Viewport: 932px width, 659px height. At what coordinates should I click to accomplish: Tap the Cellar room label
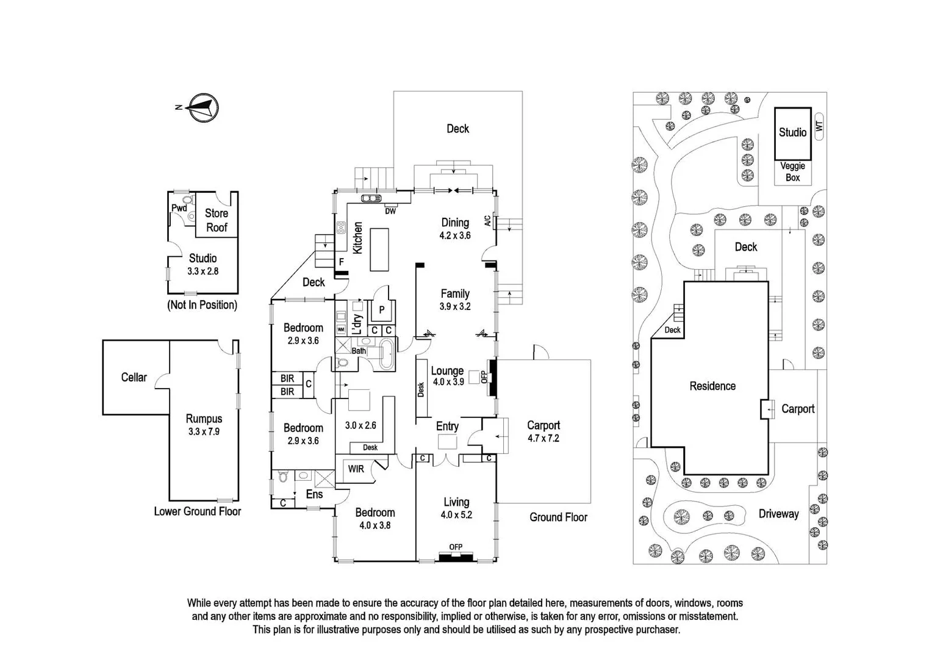pyautogui.click(x=134, y=377)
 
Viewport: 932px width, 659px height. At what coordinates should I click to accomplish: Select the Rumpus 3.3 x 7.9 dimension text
pyautogui.click(x=204, y=431)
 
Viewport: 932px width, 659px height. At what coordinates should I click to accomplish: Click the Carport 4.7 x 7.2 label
pyautogui.click(x=543, y=431)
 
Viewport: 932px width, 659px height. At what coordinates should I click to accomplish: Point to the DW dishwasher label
pyautogui.click(x=390, y=212)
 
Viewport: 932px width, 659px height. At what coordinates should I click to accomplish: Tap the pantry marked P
pyautogui.click(x=382, y=310)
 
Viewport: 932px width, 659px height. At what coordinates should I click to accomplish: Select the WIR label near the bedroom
pyautogui.click(x=356, y=469)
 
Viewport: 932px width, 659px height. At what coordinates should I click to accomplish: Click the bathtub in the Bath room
pyautogui.click(x=387, y=355)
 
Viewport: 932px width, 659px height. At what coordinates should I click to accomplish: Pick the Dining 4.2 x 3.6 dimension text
pyautogui.click(x=455, y=235)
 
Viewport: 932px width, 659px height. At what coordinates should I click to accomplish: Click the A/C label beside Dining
pyautogui.click(x=487, y=220)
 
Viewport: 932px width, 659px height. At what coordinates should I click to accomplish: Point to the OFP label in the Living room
pyautogui.click(x=456, y=547)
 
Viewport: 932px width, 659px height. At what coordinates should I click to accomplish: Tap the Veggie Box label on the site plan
pyautogui.click(x=792, y=171)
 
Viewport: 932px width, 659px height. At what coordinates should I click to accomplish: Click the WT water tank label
pyautogui.click(x=819, y=126)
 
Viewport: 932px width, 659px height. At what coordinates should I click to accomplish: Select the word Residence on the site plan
pyautogui.click(x=712, y=386)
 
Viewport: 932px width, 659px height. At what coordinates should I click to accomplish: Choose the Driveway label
pyautogui.click(x=778, y=514)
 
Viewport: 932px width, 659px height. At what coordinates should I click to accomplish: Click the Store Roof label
pyautogui.click(x=216, y=220)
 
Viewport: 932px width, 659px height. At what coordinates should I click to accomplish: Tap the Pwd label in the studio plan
pyautogui.click(x=179, y=208)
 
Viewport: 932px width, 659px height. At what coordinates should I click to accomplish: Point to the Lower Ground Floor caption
pyautogui.click(x=197, y=511)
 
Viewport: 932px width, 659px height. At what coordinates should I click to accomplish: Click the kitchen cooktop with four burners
pyautogui.click(x=341, y=228)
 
